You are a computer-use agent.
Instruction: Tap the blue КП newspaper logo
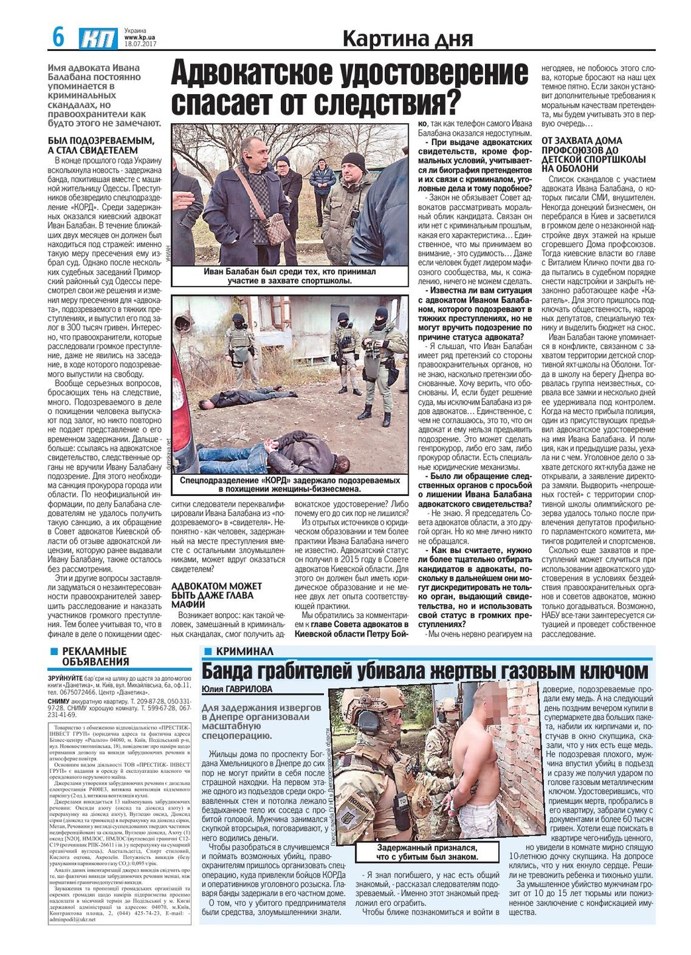click(98, 38)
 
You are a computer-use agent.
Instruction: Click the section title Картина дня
click(407, 39)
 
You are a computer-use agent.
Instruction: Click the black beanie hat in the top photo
click(353, 162)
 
